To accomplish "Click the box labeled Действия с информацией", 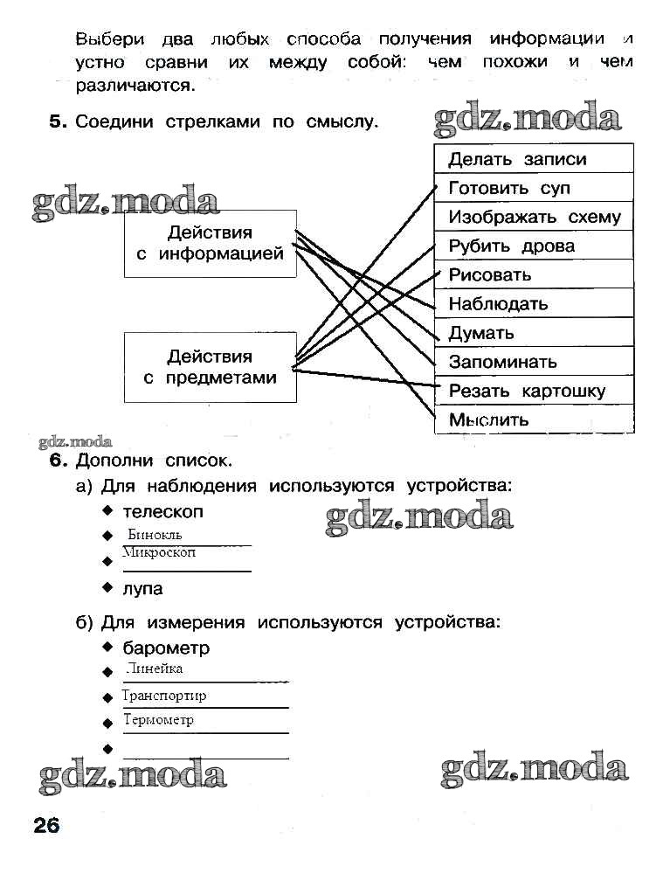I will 210,243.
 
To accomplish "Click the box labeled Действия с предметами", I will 210,367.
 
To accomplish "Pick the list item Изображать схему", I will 534,217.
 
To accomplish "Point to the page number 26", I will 46,825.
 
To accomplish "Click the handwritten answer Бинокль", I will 155,535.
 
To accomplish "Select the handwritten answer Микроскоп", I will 159,552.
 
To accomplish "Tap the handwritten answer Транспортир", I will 164,696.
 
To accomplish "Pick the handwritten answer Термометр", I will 158,720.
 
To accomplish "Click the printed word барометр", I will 166,648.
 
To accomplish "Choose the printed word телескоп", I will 162,511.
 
